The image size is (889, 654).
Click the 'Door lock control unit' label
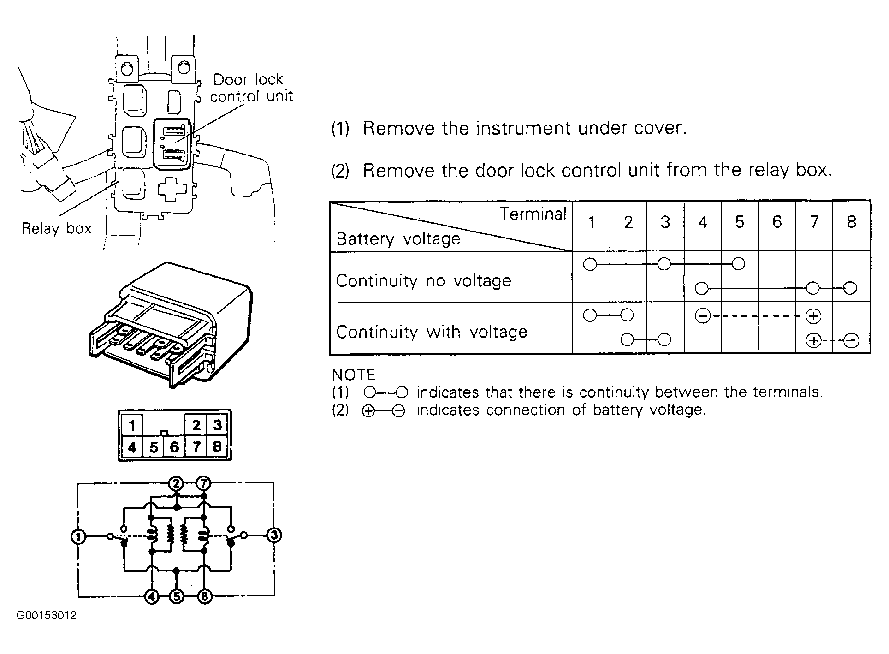point(251,88)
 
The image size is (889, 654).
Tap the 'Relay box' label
point(57,228)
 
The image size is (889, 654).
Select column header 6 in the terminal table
point(777,222)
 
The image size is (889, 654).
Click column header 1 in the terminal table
point(591,222)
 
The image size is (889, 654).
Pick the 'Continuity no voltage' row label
point(424,281)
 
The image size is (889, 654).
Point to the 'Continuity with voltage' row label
point(432,332)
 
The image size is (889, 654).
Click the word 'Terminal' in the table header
point(533,214)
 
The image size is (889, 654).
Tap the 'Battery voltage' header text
point(398,239)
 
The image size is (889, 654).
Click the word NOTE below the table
point(354,375)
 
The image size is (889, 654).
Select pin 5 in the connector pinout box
point(154,447)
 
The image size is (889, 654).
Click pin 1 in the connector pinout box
point(132,425)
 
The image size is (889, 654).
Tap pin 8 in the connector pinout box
point(217,446)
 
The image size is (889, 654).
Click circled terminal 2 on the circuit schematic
point(176,484)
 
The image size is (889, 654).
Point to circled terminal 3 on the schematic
point(274,536)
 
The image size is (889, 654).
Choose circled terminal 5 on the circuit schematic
point(177,596)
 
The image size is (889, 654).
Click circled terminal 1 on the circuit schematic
point(78,537)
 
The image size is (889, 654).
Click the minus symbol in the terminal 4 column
point(702,316)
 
